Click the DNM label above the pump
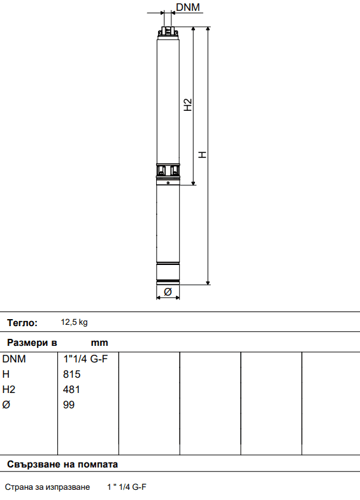[188, 8]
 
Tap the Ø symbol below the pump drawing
[168, 292]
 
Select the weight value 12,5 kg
[75, 323]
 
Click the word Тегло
[22, 323]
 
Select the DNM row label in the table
[15, 359]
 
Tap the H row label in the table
[6, 375]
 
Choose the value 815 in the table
[72, 375]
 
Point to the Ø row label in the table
[6, 405]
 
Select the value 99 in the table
[69, 405]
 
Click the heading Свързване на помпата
[62, 464]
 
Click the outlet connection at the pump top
[168, 31]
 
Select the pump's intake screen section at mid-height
[168, 170]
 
